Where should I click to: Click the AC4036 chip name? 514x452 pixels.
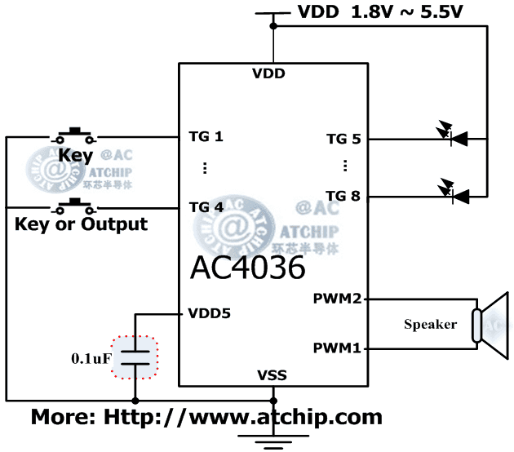248,267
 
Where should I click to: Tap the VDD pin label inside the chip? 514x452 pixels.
269,74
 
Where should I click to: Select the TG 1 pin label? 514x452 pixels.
206,136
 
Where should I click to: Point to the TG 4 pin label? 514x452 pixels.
206,206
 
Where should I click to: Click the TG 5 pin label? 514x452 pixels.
343,139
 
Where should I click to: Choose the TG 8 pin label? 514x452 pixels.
343,195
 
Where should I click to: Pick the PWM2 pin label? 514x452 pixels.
337,299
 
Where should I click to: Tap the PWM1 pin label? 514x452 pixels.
337,349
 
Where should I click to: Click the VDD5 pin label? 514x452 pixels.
208,313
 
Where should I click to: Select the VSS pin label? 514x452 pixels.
272,376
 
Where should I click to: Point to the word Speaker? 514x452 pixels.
430,325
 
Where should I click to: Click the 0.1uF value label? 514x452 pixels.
92,357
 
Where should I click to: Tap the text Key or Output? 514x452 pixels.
81,224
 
